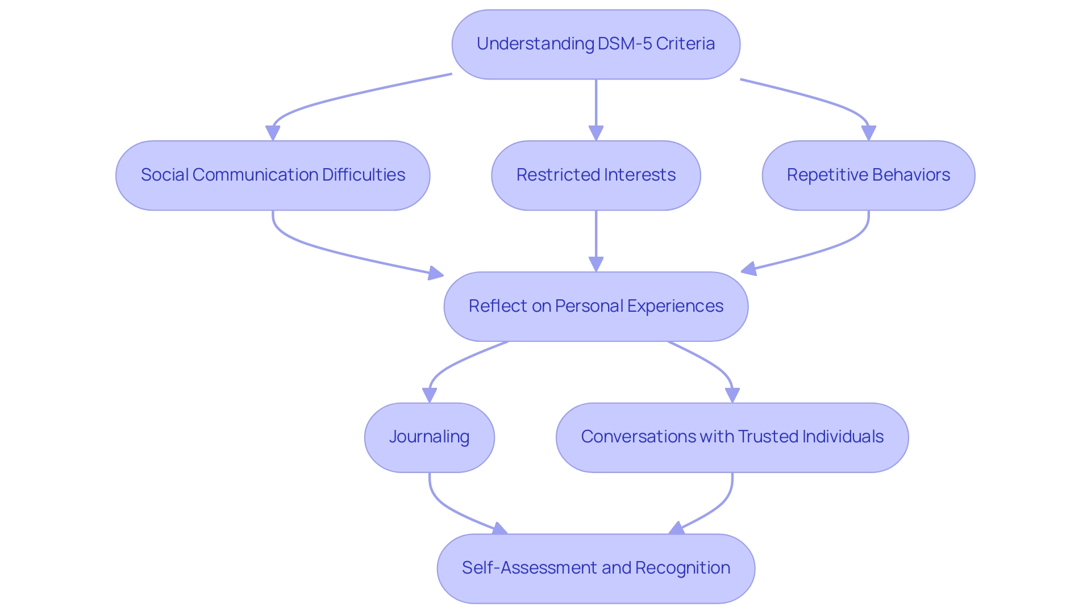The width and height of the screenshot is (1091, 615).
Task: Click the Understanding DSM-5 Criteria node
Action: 596,44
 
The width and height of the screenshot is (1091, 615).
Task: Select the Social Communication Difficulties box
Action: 273,175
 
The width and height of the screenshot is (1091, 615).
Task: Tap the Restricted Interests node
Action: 596,175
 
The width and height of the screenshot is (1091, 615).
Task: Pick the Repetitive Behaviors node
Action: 868,175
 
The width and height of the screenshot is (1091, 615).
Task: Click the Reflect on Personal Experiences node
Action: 596,307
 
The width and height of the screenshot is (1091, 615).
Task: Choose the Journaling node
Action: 429,437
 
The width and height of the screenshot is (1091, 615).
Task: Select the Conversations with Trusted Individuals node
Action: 732,437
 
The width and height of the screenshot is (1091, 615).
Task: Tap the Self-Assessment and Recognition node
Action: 596,568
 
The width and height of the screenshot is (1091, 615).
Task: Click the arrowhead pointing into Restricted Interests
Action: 596,133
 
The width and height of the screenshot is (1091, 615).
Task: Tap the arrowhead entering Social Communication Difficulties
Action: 273,133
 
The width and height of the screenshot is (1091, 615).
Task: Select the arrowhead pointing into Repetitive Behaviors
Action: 868,133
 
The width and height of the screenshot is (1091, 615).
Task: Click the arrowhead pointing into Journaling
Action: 430,395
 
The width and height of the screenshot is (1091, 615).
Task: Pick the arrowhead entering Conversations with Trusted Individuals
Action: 732,395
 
